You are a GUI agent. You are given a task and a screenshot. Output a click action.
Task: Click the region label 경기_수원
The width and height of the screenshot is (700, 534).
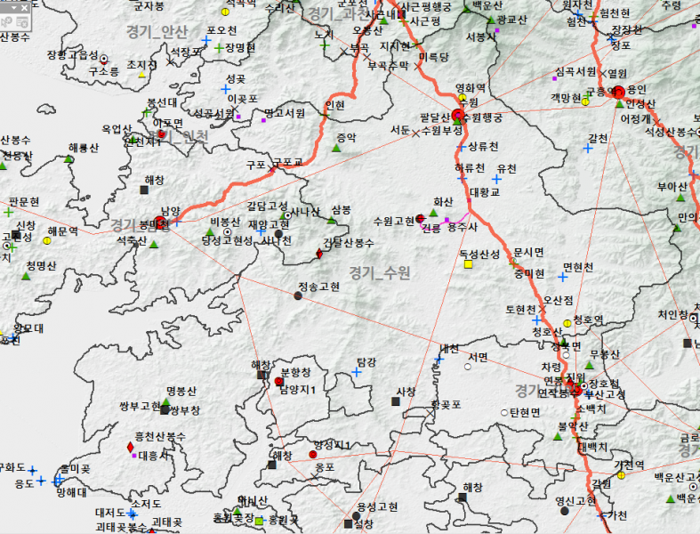pos(380,272)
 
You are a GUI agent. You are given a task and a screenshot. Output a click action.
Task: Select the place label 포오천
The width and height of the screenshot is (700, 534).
pos(221,29)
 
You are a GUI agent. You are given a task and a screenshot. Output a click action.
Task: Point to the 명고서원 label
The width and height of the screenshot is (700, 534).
pos(285,113)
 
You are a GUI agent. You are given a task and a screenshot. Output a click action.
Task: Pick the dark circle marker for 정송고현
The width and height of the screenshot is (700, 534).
pos(298,296)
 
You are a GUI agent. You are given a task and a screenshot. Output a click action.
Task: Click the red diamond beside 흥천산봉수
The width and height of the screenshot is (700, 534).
pos(131,446)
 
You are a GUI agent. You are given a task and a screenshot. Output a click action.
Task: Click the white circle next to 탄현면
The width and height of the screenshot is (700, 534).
pos(503,412)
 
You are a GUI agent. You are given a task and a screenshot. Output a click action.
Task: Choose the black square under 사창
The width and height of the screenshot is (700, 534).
pos(396,401)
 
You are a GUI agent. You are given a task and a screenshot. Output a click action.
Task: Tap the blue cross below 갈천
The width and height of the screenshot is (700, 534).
pos(587,149)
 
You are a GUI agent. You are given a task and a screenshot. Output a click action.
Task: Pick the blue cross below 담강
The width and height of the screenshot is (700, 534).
pos(357,372)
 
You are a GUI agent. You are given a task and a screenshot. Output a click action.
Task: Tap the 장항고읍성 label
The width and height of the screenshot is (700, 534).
pos(73,55)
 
